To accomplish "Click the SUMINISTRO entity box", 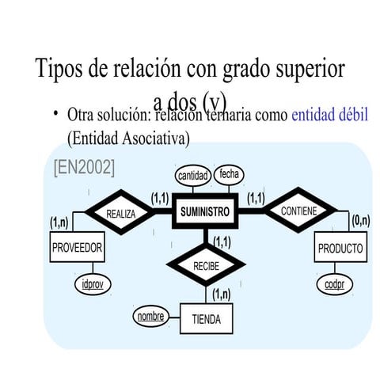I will pos(204,212).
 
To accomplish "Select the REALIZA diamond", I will pos(121,213).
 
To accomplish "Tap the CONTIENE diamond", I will pos(298,211).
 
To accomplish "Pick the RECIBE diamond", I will pos(206,267).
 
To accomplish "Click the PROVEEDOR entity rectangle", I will pos(77,248).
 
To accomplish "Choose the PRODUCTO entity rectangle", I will pos(340,248).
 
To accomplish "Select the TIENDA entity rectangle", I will pos(207,320).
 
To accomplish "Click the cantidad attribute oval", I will pos(192,174).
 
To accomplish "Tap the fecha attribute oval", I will pos(230,173).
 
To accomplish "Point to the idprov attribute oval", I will pos(93,283).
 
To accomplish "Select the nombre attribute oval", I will pos(150,316).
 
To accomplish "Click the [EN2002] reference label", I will pos(83,168).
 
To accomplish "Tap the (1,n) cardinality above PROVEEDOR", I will pos(60,221).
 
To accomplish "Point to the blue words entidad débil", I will pos(330,116).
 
